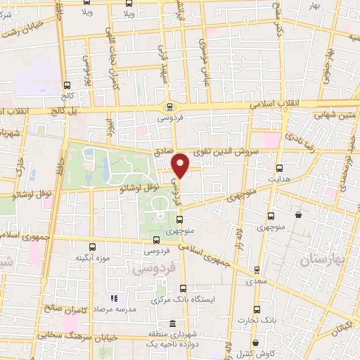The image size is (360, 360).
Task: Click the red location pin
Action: pos(181,165)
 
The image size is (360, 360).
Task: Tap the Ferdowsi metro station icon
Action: pos(169,107)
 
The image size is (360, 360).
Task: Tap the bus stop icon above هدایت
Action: pos(280,168)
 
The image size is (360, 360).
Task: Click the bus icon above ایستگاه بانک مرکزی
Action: pos(183,288)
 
